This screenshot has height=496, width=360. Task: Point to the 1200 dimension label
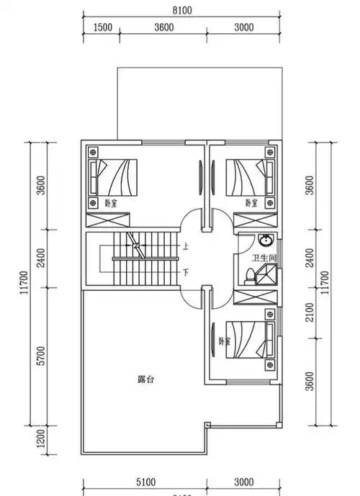(41, 436)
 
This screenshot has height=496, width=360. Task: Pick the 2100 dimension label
(310, 312)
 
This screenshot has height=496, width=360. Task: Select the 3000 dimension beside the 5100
(245, 482)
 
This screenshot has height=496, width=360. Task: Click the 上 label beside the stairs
(186, 245)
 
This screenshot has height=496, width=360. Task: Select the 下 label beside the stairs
(186, 272)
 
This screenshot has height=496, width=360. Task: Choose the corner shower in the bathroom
(268, 274)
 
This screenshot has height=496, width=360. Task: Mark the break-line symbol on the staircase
(135, 244)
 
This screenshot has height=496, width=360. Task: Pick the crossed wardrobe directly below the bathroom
(255, 296)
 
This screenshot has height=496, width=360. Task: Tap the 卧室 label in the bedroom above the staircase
(111, 203)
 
